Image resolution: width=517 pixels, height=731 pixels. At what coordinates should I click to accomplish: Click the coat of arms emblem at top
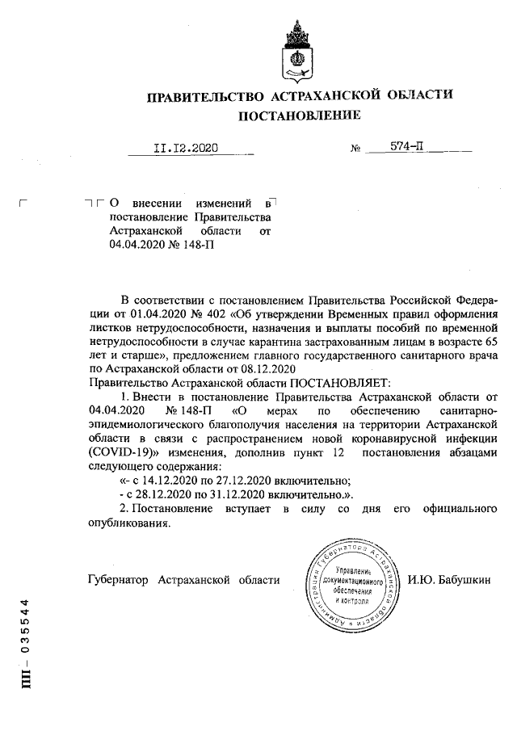pos(298,50)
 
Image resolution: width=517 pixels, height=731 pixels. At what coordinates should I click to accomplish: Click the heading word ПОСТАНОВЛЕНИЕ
pos(299,116)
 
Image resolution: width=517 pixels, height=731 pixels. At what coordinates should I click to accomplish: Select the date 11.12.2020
pos(186,149)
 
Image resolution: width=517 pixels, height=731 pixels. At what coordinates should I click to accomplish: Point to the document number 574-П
pos(407,148)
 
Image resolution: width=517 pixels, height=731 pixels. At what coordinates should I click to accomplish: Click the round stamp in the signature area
pos(350,585)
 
